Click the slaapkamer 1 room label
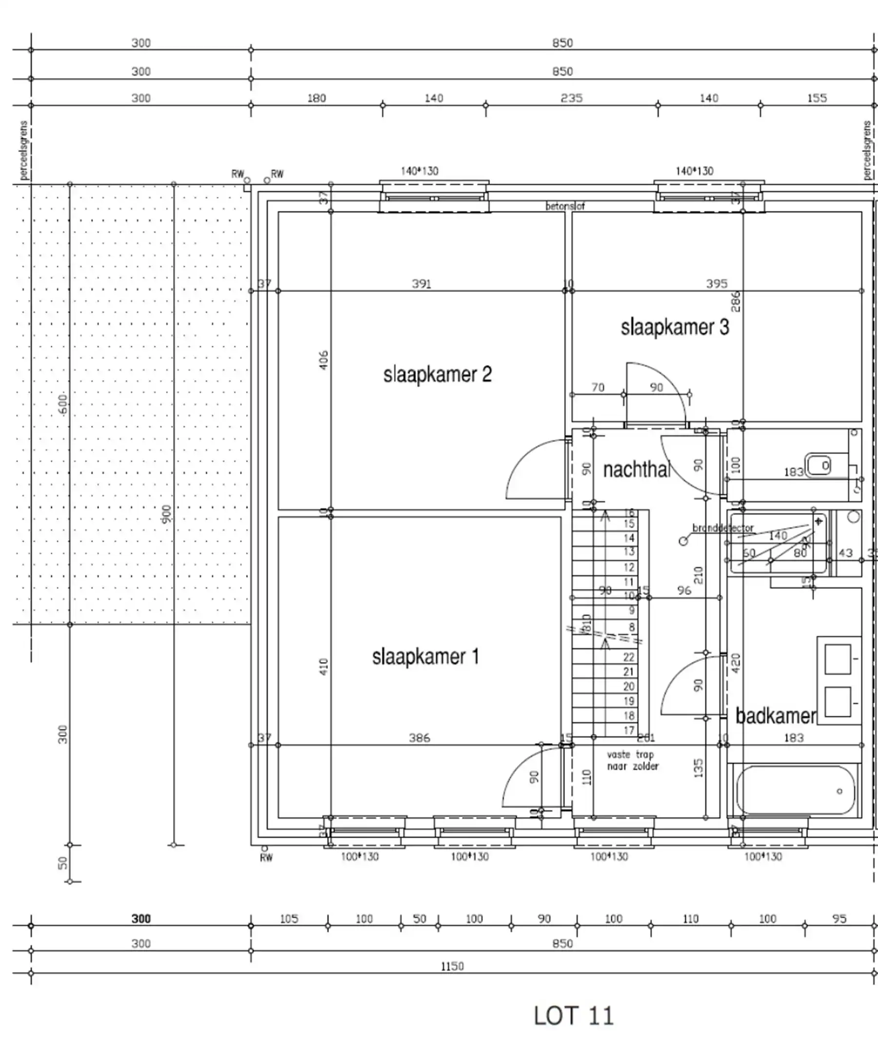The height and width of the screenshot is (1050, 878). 425,657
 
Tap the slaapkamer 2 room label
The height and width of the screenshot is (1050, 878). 437,374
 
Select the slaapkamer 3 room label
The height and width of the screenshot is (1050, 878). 675,327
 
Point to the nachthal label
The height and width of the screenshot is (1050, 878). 636,469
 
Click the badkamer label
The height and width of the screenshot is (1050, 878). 776,716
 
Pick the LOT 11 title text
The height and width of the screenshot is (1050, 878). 573,1015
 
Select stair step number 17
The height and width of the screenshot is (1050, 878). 629,730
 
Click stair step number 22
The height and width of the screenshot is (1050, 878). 629,657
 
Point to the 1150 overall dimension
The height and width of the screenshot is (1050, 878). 452,966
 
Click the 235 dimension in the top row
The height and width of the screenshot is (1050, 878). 571,98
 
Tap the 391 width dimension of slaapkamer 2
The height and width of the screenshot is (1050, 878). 421,284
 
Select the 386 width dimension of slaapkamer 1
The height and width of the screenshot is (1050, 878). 419,738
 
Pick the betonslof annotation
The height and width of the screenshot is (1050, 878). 565,206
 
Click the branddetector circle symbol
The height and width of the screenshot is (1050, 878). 683,541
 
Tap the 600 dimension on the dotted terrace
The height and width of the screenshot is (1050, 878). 62,404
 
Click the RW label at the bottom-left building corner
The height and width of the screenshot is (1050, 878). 266,857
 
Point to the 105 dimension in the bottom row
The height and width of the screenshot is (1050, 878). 289,918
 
